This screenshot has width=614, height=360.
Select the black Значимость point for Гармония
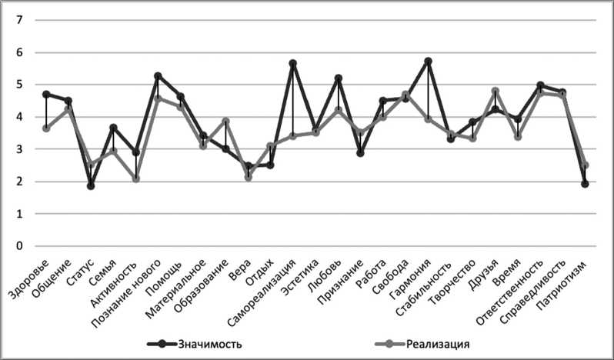click(x=428, y=62)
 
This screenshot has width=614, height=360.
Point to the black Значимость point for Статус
click(x=91, y=185)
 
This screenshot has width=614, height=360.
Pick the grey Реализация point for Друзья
click(x=496, y=92)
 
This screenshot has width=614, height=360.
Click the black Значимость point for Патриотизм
click(x=585, y=184)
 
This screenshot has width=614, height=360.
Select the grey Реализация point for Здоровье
click(x=46, y=128)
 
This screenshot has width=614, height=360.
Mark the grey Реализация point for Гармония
click(x=428, y=119)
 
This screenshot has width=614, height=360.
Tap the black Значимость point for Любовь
click(x=338, y=78)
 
